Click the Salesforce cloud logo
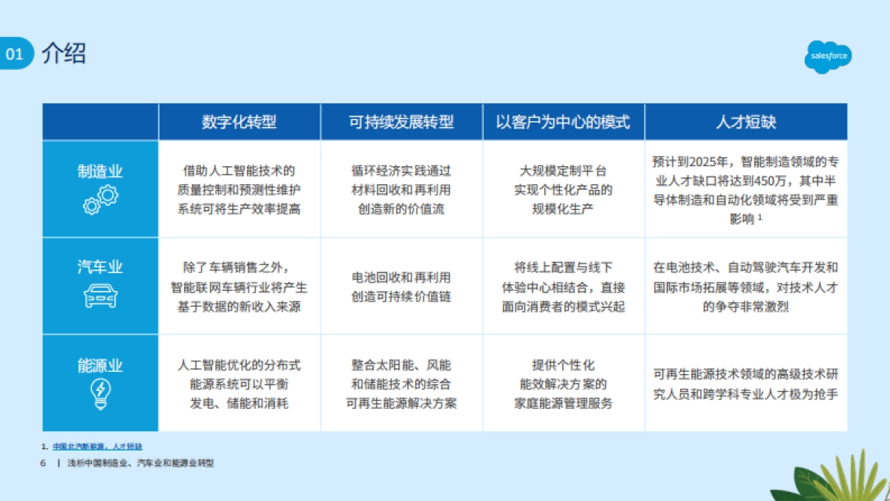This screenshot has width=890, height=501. (x=828, y=56)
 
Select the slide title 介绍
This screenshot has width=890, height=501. (x=64, y=53)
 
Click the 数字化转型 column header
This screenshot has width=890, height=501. (x=239, y=122)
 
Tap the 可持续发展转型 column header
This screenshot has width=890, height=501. (x=401, y=122)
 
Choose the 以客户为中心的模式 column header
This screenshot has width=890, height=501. (x=563, y=122)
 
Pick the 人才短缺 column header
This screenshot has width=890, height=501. (x=745, y=122)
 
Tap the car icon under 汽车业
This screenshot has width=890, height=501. (x=100, y=295)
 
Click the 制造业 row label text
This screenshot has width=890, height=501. (x=100, y=171)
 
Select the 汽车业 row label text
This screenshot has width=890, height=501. (x=100, y=266)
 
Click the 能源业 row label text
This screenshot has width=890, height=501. (x=100, y=365)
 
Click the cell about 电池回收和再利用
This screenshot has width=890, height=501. (x=401, y=286)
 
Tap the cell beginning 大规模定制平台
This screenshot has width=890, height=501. (x=563, y=189)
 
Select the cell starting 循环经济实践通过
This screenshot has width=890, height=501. (x=401, y=189)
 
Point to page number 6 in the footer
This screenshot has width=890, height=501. (x=42, y=462)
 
